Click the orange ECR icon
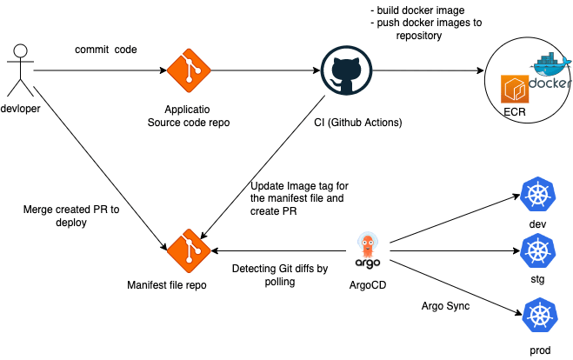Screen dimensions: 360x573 pyautogui.click(x=516, y=90)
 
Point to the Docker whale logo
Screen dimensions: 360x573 pyautogui.click(x=549, y=72)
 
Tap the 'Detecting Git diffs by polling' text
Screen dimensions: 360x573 pyautogui.click(x=279, y=276)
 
